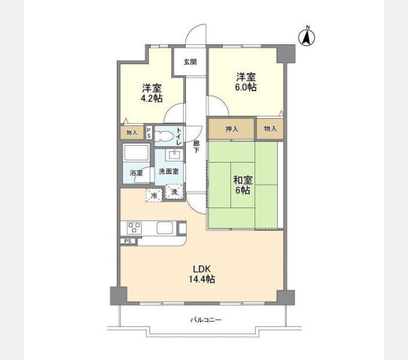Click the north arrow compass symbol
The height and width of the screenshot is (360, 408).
click(x=307, y=37)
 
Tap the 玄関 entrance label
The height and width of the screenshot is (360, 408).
click(x=190, y=62)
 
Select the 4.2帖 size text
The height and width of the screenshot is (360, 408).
click(x=152, y=98)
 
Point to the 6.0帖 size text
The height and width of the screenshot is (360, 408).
click(x=246, y=87)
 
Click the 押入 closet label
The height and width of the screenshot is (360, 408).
click(x=232, y=129)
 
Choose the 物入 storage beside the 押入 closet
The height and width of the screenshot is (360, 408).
click(x=270, y=128)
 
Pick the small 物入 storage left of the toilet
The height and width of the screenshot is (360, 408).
click(x=132, y=133)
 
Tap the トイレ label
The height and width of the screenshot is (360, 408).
click(x=179, y=136)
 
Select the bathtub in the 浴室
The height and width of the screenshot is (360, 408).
click(x=136, y=152)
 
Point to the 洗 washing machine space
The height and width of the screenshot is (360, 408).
click(x=174, y=192)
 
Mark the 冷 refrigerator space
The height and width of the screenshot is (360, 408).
click(x=154, y=195)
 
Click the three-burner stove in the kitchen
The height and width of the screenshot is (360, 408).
click(x=134, y=228)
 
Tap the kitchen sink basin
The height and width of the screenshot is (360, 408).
click(x=164, y=228)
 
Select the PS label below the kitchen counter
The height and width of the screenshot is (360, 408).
click(x=128, y=241)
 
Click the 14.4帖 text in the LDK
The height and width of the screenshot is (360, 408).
click(x=202, y=279)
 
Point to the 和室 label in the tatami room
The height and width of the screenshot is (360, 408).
click(x=243, y=180)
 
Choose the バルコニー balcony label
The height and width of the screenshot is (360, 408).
click(x=206, y=320)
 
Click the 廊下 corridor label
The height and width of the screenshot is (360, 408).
click(x=196, y=147)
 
